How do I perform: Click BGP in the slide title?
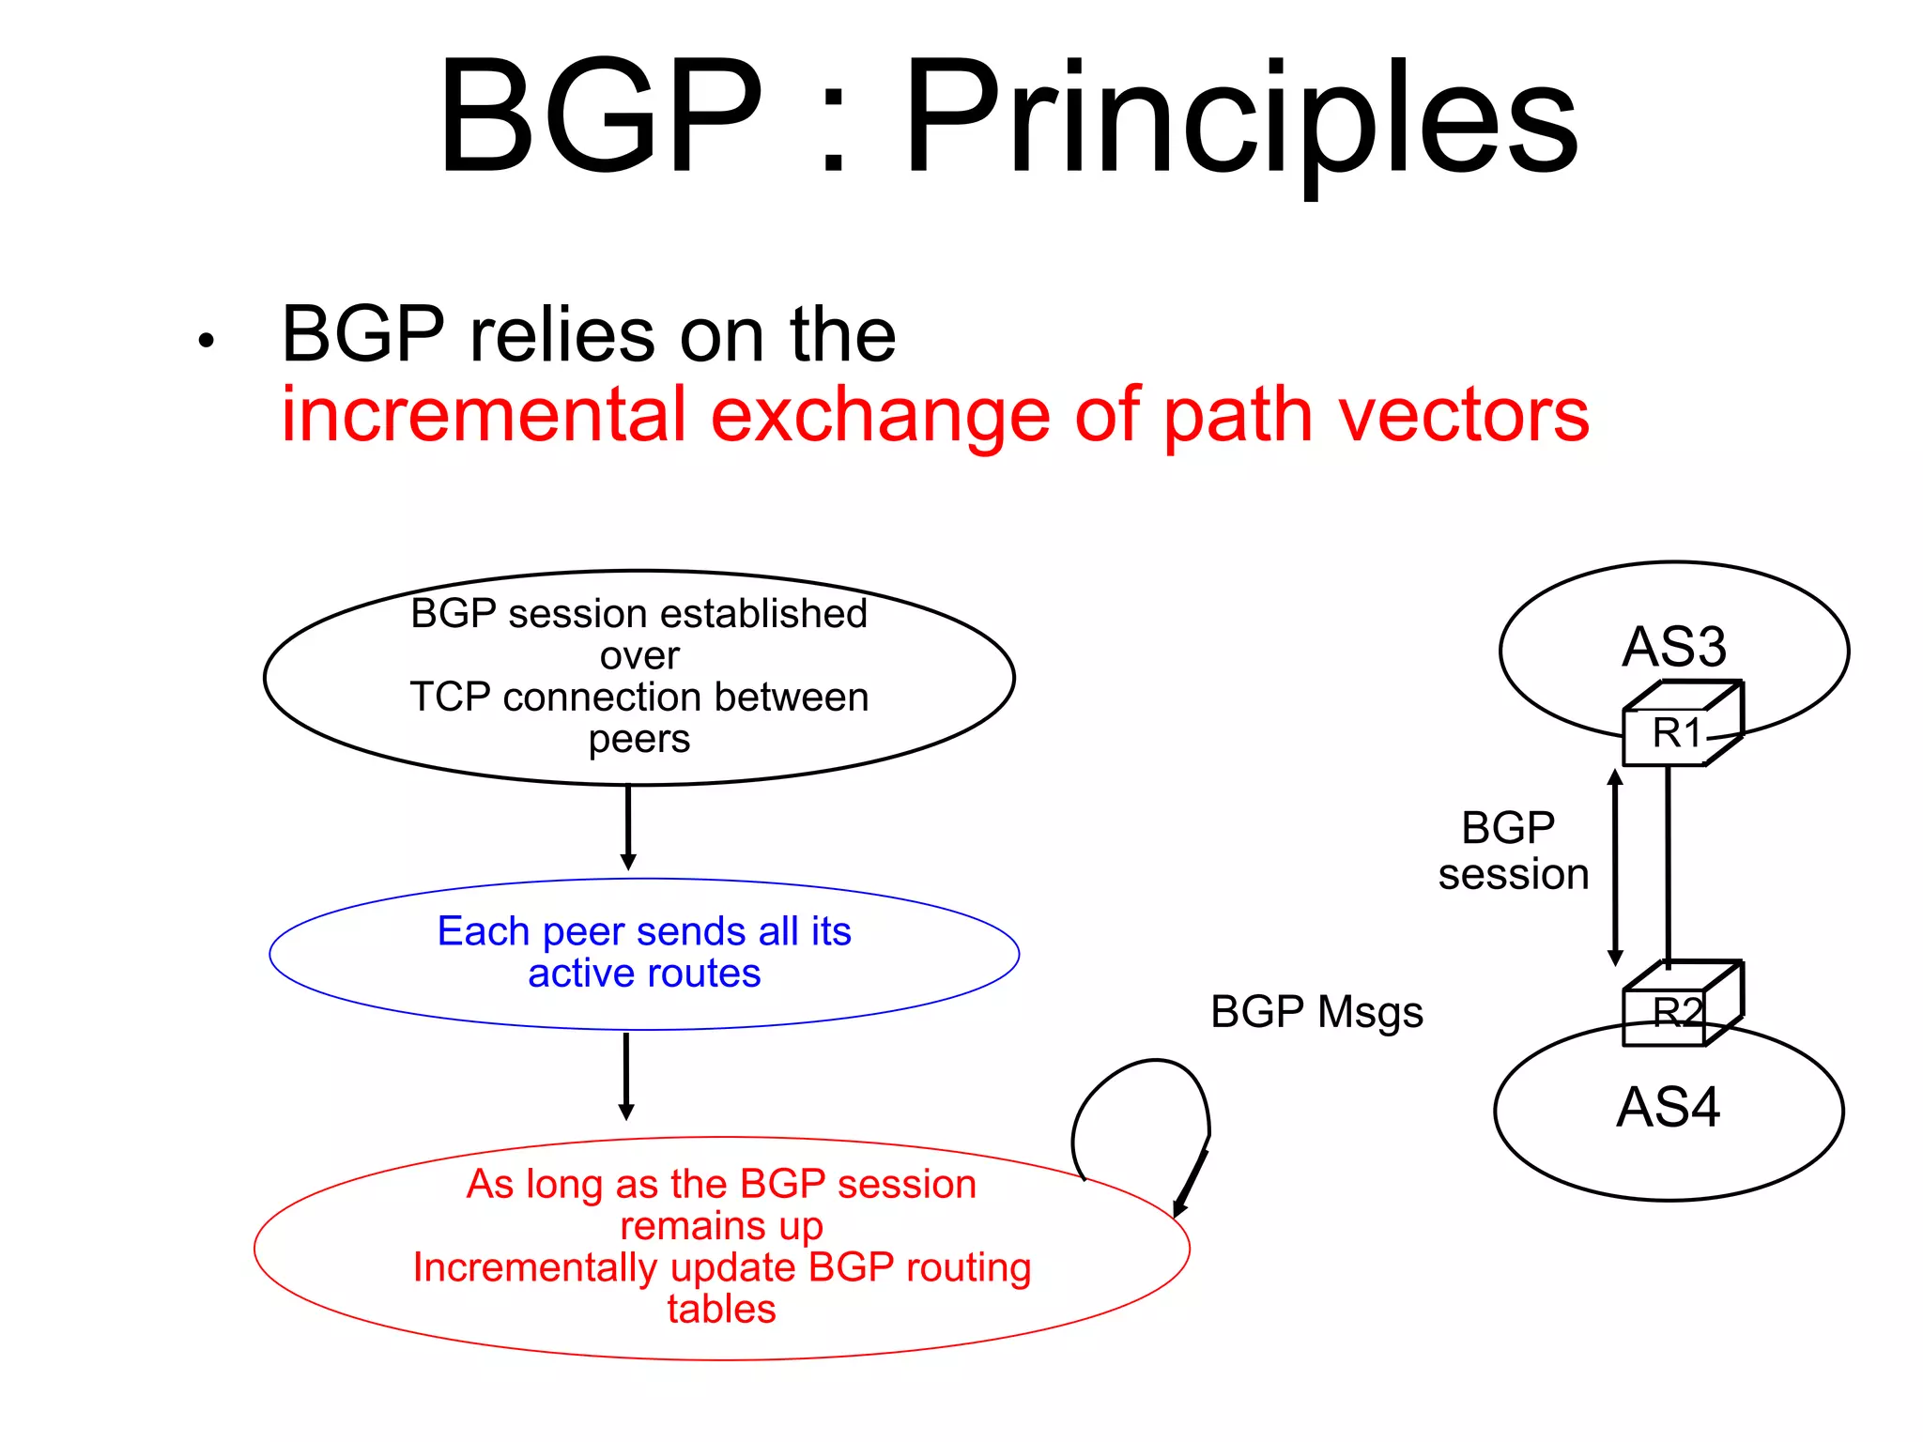click(601, 117)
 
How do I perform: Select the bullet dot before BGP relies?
click(207, 342)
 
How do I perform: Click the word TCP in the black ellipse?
click(450, 698)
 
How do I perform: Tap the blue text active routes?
click(644, 974)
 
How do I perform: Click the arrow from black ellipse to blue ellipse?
click(628, 826)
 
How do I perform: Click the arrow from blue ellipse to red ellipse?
click(626, 1075)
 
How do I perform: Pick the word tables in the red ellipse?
click(721, 1309)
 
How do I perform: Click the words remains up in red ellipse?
click(721, 1226)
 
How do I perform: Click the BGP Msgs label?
click(1316, 1012)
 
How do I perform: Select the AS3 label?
click(1674, 647)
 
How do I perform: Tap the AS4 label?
click(1668, 1107)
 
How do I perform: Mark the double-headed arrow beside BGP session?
click(1615, 867)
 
